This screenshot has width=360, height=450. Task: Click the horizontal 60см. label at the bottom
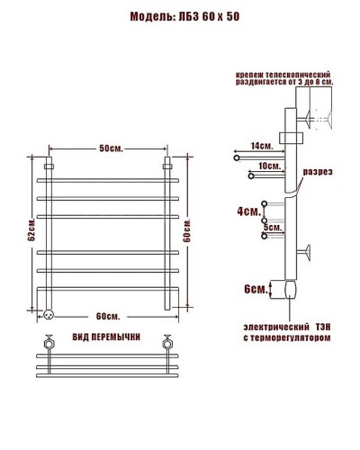107,315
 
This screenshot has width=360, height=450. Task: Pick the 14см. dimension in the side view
262,145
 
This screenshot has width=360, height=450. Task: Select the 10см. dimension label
267,166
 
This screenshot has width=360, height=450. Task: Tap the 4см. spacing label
248,212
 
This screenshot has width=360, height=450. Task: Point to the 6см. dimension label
256,289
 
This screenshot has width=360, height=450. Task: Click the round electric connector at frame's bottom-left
49,314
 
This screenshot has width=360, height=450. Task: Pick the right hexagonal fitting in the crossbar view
166,344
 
